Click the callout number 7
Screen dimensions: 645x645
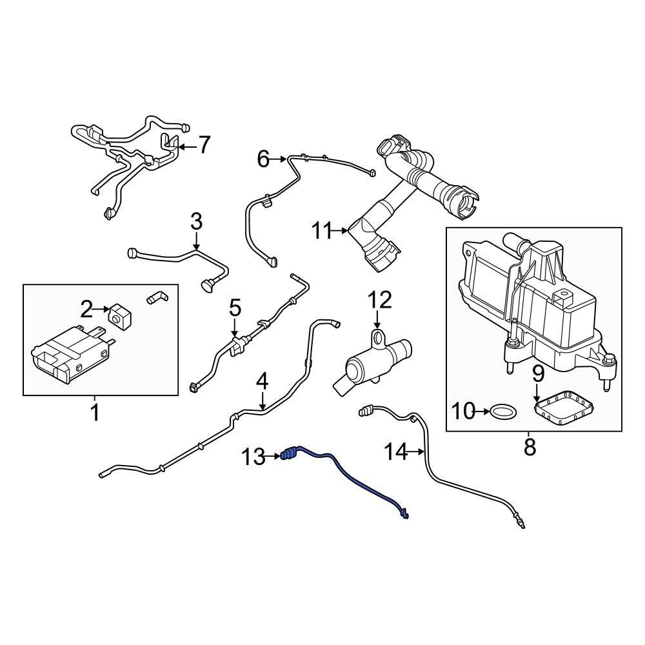click(x=204, y=146)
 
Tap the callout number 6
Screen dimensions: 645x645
click(x=263, y=159)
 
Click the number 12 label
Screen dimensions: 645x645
click(x=380, y=300)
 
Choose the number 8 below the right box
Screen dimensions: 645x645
click(x=530, y=446)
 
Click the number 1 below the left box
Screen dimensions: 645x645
click(x=95, y=412)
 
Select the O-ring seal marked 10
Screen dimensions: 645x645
click(x=502, y=410)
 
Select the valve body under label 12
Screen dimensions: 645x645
click(x=364, y=364)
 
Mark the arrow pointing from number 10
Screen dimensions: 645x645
click(x=481, y=410)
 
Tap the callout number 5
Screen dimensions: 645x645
click(x=235, y=308)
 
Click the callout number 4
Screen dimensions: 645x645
click(x=261, y=382)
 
